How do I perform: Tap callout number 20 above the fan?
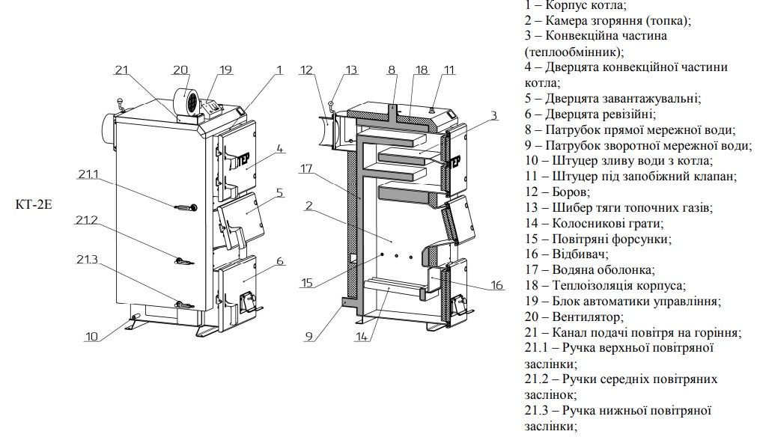pos(180,70)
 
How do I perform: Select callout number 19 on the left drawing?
pos(226,70)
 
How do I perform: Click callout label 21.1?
pos(87,175)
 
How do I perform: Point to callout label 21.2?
pos(87,221)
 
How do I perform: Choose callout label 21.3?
pos(87,259)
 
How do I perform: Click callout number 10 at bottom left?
pos(91,337)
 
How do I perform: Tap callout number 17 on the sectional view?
pos(306,169)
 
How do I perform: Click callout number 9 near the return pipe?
pos(308,336)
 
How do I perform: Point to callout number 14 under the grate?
pos(362,337)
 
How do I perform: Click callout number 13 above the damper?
pos(351,70)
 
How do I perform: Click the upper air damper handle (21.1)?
pos(184,207)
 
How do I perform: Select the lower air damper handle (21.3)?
pos(183,305)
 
